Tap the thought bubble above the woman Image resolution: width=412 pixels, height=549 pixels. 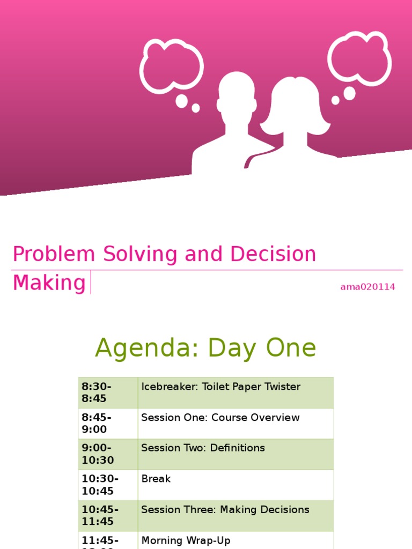(359, 58)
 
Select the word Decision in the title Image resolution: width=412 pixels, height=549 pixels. (274, 254)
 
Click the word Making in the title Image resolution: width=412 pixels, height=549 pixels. (49, 283)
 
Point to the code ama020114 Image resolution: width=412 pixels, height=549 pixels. (367, 287)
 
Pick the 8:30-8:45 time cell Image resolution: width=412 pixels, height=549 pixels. (107, 392)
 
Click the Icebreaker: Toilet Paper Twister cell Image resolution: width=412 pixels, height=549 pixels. (220, 387)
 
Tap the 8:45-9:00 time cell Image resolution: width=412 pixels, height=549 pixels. (107, 423)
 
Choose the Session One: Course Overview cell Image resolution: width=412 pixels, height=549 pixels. (220, 418)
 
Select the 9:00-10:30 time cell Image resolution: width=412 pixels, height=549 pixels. (107, 454)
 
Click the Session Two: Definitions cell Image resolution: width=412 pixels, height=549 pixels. (203, 448)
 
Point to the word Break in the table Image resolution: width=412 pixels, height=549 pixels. (156, 479)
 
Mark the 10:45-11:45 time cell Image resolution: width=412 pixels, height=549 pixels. (107, 515)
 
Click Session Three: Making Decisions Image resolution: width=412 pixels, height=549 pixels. (225, 510)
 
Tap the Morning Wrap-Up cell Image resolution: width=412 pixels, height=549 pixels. (186, 540)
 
